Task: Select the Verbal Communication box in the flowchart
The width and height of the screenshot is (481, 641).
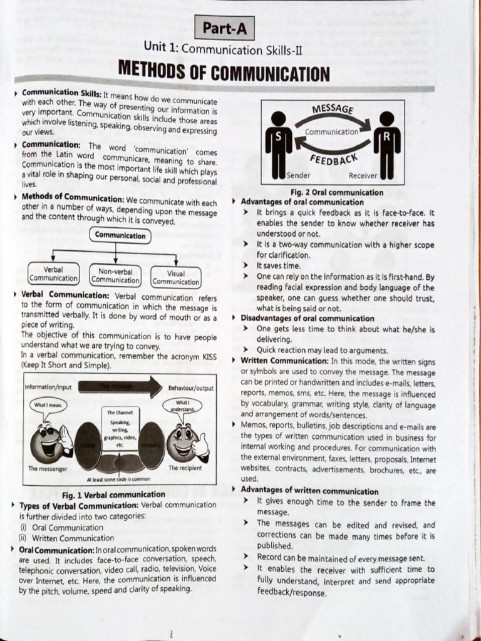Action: tap(54, 274)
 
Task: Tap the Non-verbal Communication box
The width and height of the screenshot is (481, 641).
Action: tap(115, 276)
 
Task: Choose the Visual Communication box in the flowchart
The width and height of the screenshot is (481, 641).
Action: tap(176, 277)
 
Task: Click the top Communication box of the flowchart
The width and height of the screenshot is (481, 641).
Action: tap(120, 235)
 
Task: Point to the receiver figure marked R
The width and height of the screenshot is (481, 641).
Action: tap(386, 144)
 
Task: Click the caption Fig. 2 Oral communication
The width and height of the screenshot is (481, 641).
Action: tap(337, 193)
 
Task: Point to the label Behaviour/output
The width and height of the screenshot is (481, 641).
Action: tap(190, 388)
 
